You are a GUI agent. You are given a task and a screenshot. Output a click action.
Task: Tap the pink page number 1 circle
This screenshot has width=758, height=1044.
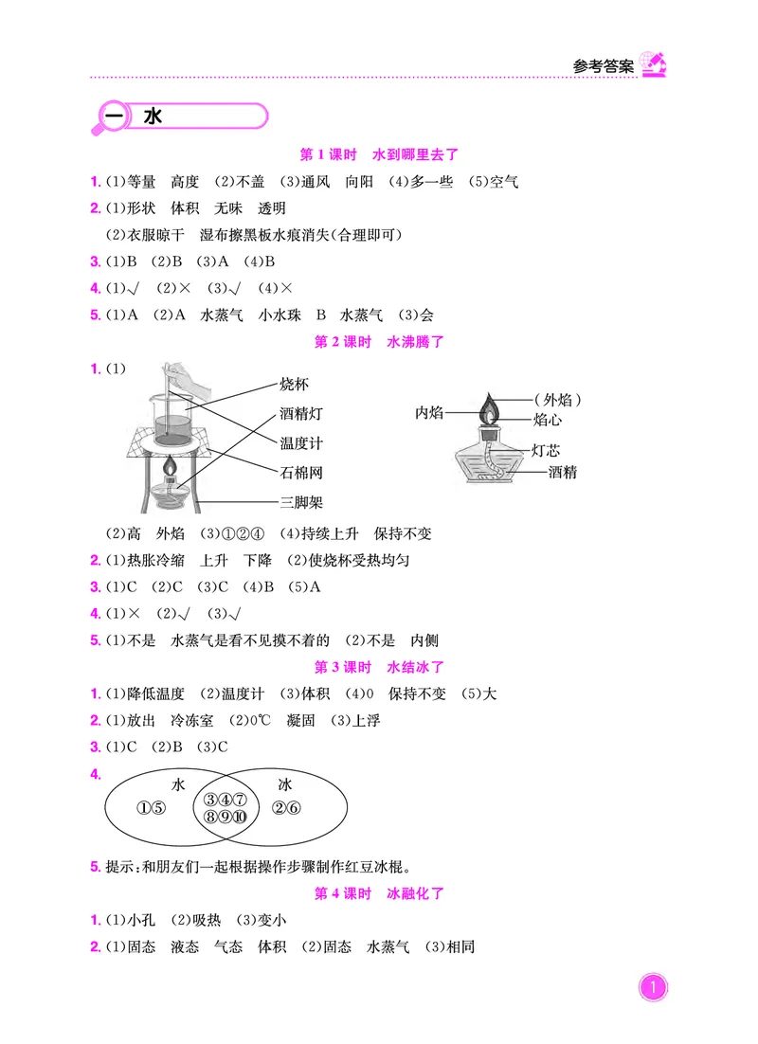click(652, 990)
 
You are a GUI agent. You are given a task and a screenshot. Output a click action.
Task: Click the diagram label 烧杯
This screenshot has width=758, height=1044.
click(295, 384)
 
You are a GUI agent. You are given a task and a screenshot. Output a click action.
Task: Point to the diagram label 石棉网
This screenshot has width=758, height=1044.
click(301, 472)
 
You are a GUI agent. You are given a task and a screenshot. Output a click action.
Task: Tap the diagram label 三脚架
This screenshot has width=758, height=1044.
click(301, 502)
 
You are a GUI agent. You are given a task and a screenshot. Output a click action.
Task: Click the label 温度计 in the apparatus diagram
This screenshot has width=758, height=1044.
click(301, 442)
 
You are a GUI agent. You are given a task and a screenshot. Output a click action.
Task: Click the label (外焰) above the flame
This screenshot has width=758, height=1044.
click(556, 399)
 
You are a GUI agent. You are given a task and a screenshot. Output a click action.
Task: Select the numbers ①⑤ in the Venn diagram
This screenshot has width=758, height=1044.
click(152, 808)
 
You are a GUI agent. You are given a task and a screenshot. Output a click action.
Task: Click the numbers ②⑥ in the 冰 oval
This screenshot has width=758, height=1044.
click(285, 808)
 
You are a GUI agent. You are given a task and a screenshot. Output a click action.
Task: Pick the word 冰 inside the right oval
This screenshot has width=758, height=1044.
click(285, 784)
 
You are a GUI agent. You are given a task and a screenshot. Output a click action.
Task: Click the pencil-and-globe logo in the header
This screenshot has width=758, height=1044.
click(653, 63)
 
